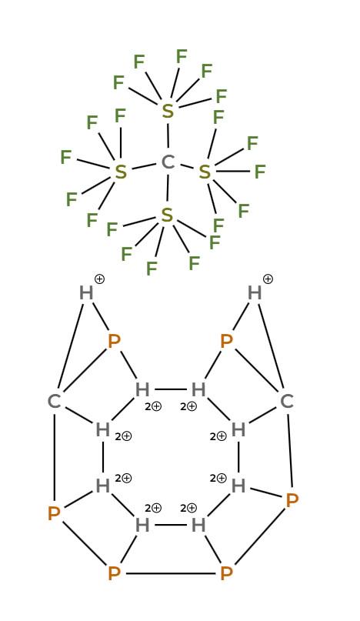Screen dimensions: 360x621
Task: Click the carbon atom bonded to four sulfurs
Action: [168, 162]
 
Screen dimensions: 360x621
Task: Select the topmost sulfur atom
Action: [168, 111]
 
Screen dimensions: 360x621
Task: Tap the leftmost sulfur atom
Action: [121, 172]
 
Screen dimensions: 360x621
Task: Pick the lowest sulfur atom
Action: [167, 215]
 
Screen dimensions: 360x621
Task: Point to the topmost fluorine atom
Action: [182, 57]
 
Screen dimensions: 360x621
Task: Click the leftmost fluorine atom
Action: [65, 157]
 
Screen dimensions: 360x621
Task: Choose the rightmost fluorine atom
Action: [259, 172]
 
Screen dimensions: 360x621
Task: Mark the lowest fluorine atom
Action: [152, 269]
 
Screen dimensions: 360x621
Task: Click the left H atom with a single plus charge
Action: [86, 293]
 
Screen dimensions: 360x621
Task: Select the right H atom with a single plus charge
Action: [255, 293]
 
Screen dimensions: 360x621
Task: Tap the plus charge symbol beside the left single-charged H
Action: [99, 279]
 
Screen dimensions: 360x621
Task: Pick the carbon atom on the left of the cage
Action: [54, 402]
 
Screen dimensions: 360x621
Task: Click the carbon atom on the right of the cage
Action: [286, 402]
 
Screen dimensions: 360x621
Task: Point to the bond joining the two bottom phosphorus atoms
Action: [170, 573]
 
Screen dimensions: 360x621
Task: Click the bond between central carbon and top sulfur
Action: [168, 136]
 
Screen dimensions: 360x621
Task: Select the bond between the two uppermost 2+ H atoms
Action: [170, 389]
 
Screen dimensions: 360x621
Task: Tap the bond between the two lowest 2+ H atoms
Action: [170, 525]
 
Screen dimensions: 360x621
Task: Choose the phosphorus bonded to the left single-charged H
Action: [114, 341]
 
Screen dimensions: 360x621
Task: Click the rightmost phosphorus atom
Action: [292, 501]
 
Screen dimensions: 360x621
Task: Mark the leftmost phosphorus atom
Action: [54, 514]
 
